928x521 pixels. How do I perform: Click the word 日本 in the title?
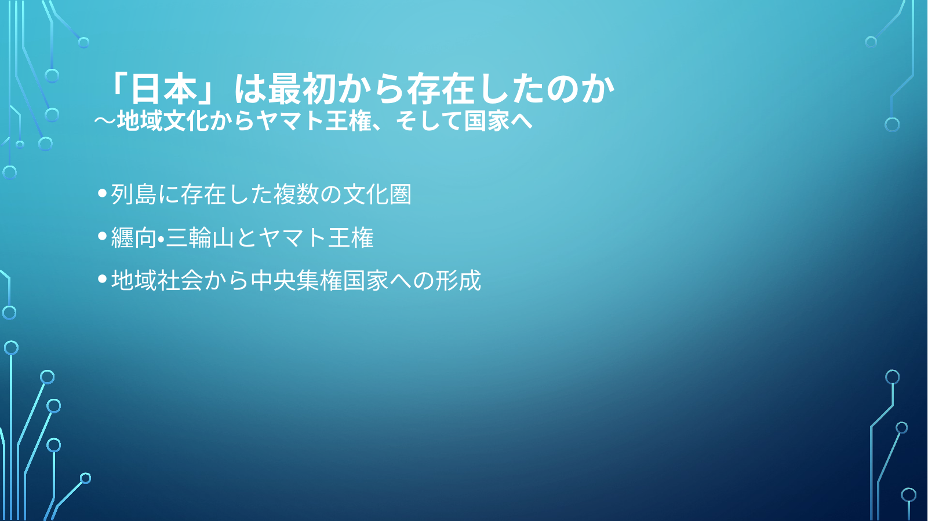point(163,89)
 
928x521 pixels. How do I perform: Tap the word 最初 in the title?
point(302,89)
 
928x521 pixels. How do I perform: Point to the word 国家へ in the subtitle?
point(498,121)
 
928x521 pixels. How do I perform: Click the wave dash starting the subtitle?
point(105,121)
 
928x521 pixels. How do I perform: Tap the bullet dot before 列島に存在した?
point(103,193)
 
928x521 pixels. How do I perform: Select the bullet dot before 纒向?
point(103,236)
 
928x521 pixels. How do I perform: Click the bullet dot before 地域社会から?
point(103,278)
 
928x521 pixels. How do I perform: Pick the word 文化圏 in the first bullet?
point(377,194)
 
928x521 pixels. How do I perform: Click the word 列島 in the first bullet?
point(134,194)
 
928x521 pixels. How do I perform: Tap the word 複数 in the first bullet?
point(296,194)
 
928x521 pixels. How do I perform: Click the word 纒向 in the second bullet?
point(134,237)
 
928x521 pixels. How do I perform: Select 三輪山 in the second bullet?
point(200,237)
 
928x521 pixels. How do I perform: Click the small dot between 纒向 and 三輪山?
point(161,238)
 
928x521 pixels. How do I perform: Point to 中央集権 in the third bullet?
point(297,280)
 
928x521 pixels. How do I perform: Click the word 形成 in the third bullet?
point(458,280)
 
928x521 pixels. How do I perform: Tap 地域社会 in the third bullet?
point(157,280)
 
